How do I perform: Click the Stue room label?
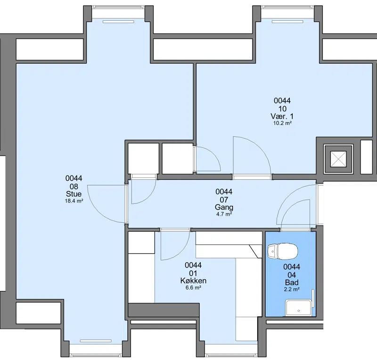(74, 194)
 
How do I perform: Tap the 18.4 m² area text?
(74, 201)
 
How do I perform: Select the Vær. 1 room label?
(282, 117)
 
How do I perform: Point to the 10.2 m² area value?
(282, 123)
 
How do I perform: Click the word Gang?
(224, 207)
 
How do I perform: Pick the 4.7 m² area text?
(224, 214)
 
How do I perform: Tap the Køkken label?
(193, 281)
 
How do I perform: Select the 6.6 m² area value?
(193, 287)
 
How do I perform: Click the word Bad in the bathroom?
(292, 283)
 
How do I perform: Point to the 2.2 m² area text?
(292, 289)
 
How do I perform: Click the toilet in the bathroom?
(282, 251)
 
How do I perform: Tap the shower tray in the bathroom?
(298, 308)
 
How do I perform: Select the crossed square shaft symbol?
(338, 159)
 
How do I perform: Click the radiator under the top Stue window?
(118, 22)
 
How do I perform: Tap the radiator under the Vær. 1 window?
(287, 22)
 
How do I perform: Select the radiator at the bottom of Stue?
(96, 341)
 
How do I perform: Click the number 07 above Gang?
(224, 200)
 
